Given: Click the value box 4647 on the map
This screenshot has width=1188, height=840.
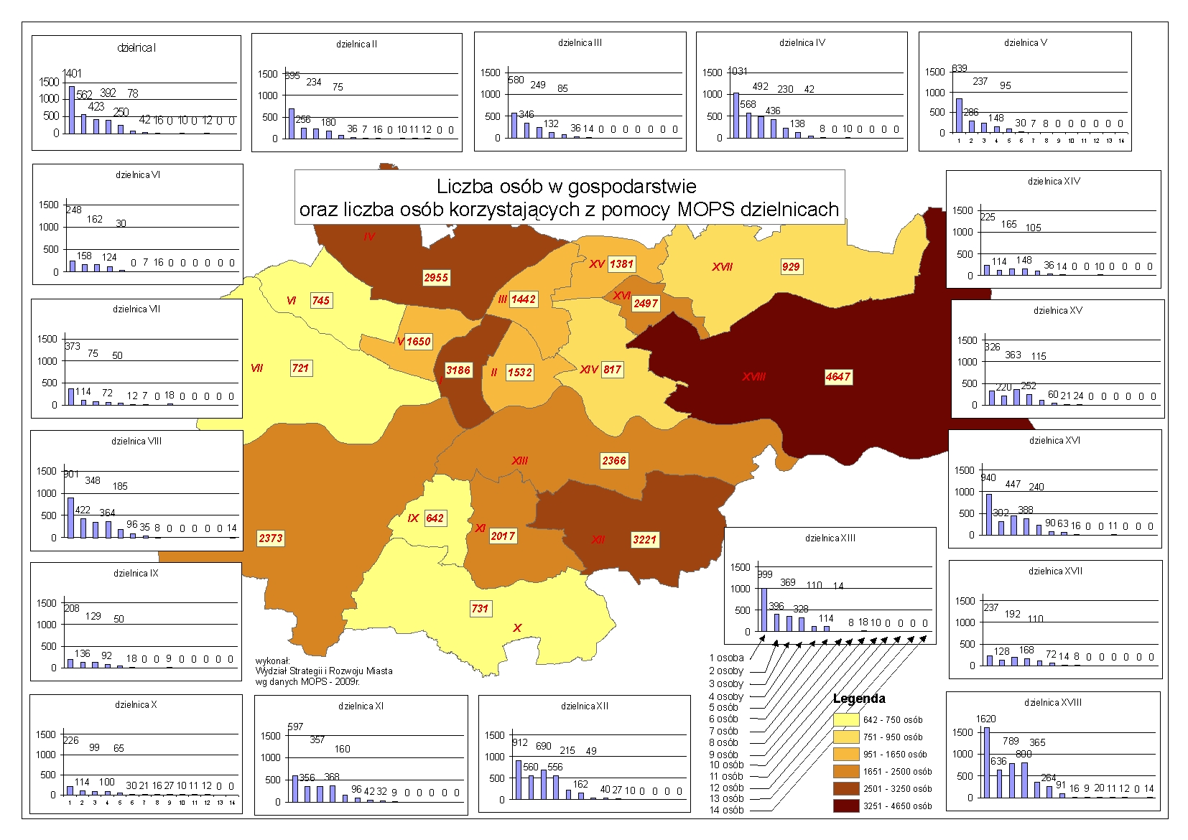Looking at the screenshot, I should pyautogui.click(x=837, y=377).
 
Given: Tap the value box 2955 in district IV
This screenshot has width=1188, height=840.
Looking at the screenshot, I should pyautogui.click(x=436, y=278).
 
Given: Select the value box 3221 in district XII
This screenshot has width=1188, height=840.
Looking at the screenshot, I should pyautogui.click(x=644, y=540).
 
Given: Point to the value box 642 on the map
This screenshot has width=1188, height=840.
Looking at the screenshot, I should pyautogui.click(x=435, y=518).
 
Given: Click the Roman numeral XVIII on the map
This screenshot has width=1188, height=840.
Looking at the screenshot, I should pyautogui.click(x=753, y=377).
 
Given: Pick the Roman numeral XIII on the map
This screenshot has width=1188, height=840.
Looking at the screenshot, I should pyautogui.click(x=519, y=460).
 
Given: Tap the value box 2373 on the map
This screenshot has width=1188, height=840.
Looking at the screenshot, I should pyautogui.click(x=271, y=538).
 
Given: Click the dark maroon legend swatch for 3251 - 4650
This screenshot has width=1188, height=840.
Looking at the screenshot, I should pyautogui.click(x=846, y=806).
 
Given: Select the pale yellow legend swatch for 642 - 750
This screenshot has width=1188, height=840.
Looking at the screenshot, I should pyautogui.click(x=846, y=719).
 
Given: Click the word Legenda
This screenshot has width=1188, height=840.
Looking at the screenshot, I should pyautogui.click(x=859, y=699).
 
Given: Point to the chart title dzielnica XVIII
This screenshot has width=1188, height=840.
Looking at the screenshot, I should pyautogui.click(x=1053, y=702).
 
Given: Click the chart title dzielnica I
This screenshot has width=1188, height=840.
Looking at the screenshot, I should pyautogui.click(x=136, y=48).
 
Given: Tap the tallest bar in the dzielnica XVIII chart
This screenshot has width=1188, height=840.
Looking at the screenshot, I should pyautogui.click(x=986, y=762).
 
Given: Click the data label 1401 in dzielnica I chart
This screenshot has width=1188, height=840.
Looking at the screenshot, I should pyautogui.click(x=73, y=73).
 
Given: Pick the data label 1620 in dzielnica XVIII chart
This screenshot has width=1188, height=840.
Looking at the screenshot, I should pyautogui.click(x=985, y=719).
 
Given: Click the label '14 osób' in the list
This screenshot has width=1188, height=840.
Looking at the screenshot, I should pyautogui.click(x=726, y=811).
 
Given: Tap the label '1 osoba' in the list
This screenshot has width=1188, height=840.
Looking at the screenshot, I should pyautogui.click(x=726, y=658).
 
